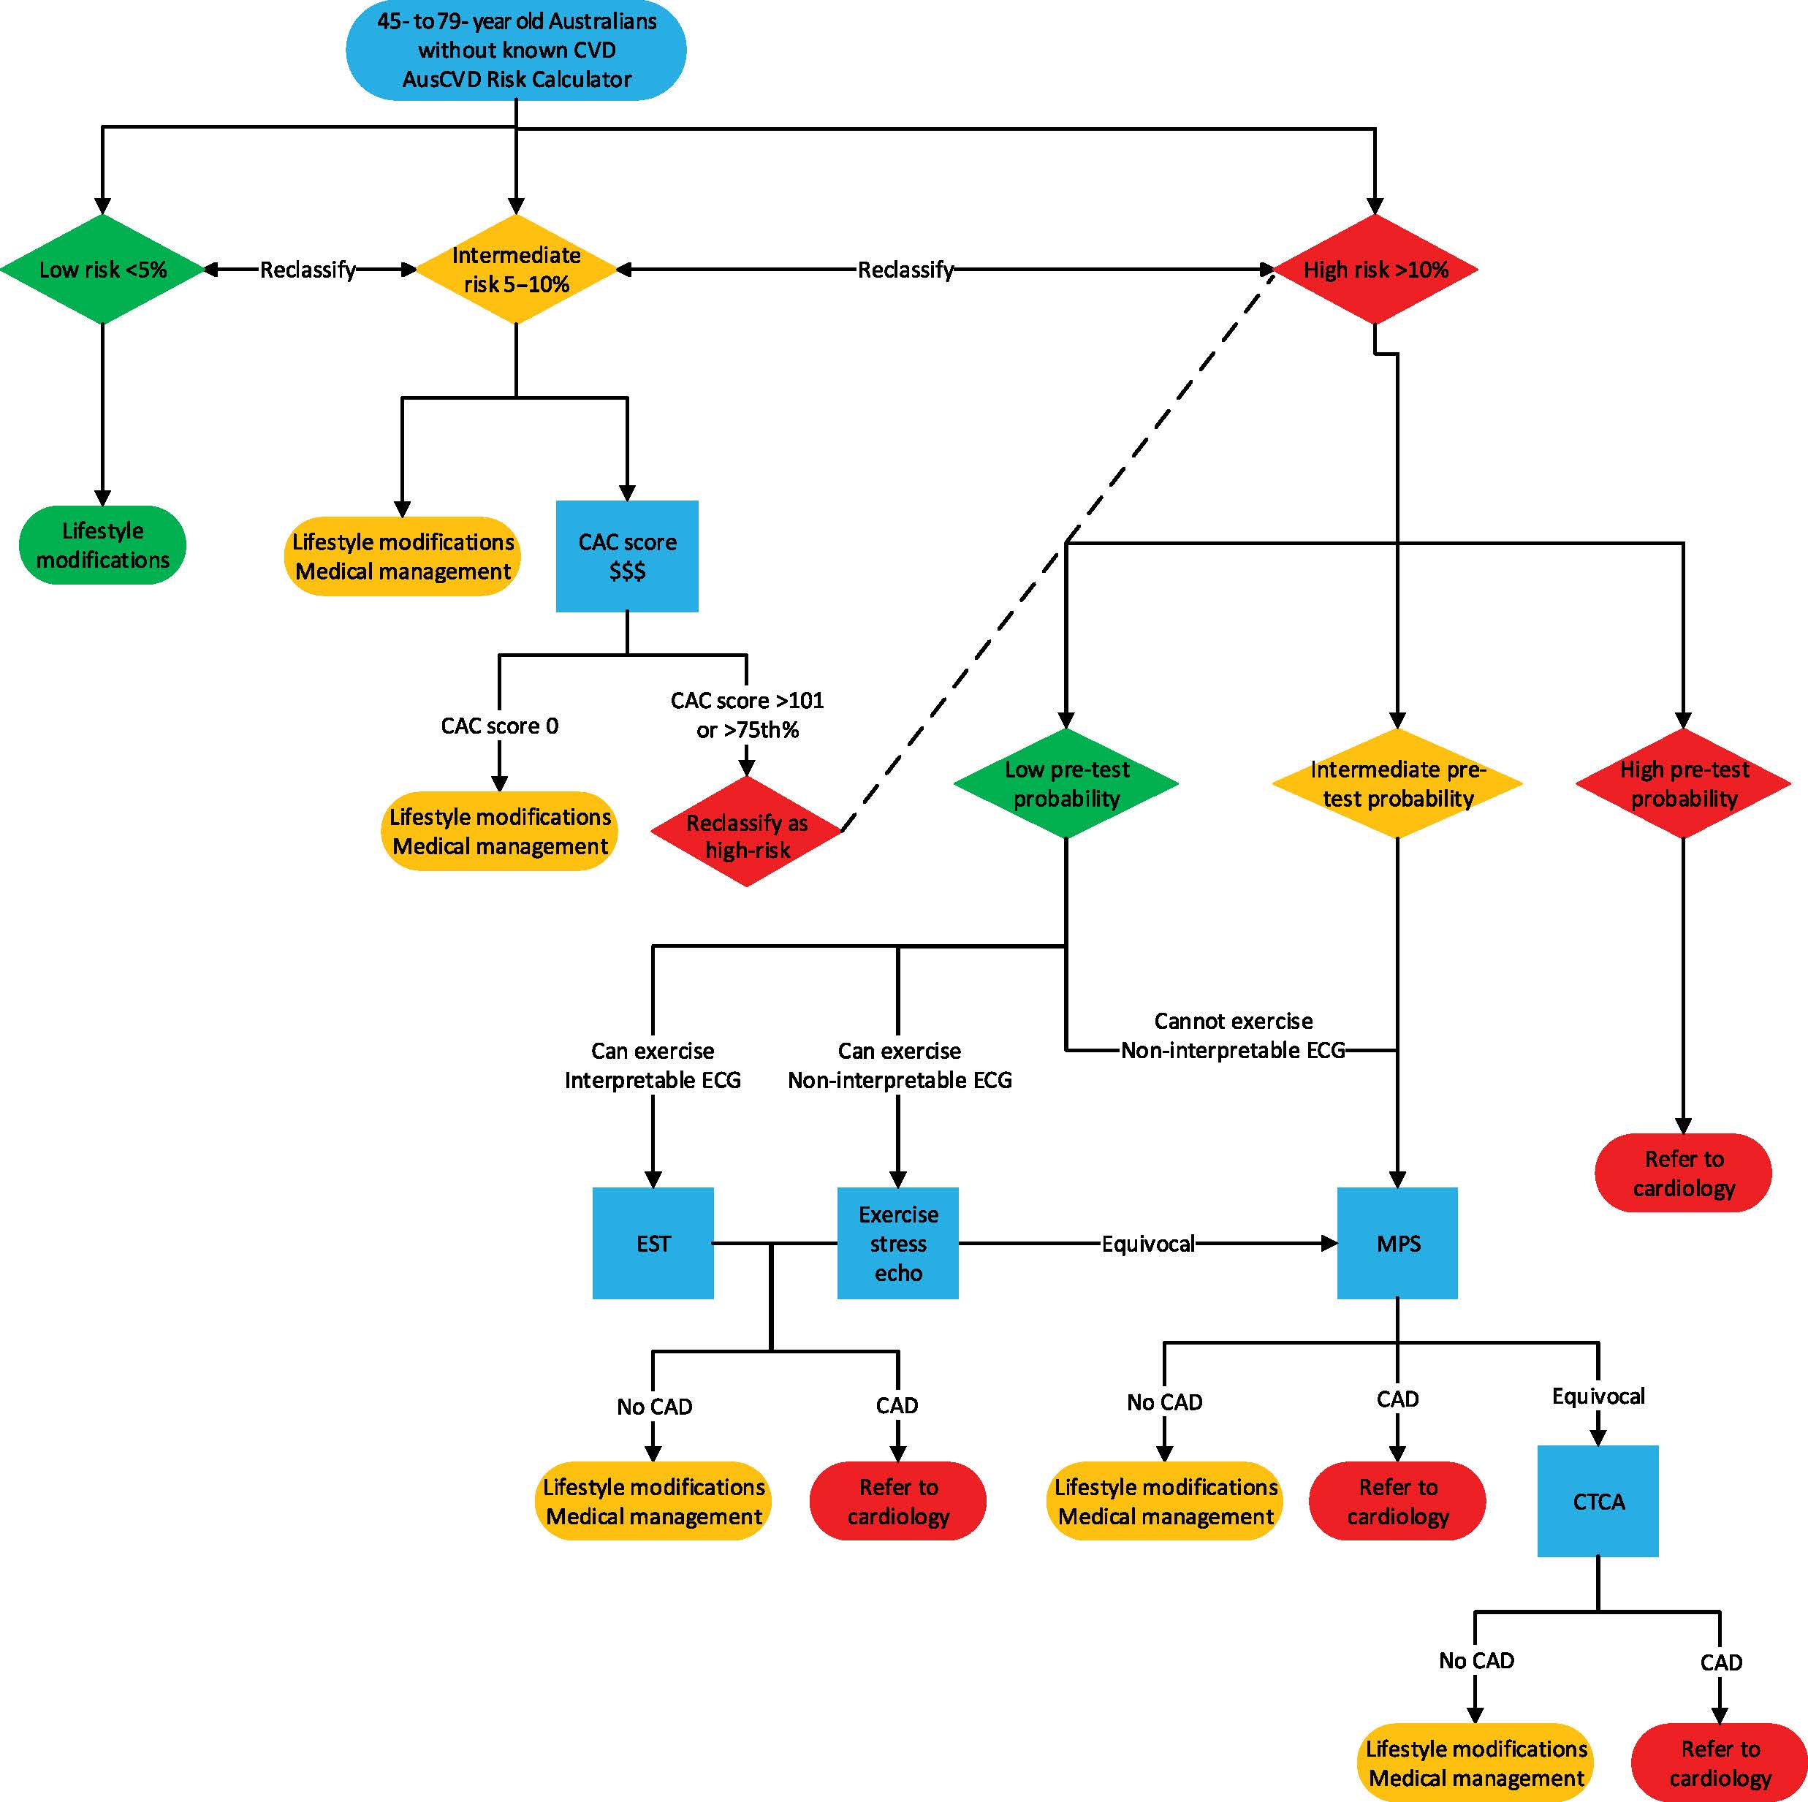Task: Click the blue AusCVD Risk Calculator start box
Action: (516, 50)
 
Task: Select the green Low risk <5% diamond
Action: (102, 270)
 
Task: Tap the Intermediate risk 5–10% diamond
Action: (516, 270)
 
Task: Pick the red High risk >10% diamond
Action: (1375, 270)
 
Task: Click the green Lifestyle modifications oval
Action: (102, 544)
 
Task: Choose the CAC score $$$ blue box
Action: (627, 556)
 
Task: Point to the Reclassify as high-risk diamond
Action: (747, 831)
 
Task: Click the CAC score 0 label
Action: (500, 726)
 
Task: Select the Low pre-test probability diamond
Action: (1066, 783)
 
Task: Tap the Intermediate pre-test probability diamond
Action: (1397, 783)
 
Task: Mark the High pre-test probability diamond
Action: (1684, 783)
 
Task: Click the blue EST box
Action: (653, 1244)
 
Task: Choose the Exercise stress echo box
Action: (897, 1244)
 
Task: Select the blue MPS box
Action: (1397, 1244)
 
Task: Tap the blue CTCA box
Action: (1598, 1501)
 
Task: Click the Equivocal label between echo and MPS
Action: (1148, 1244)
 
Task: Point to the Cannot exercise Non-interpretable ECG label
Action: (1234, 1035)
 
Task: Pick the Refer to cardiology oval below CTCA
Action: (1720, 1763)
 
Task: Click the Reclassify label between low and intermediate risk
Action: (308, 270)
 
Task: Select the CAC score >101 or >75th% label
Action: (747, 715)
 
